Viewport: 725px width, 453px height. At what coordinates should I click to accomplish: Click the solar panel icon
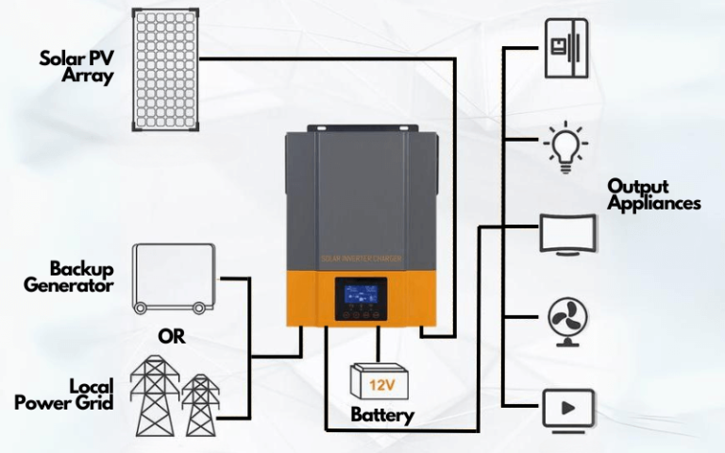pyautogui.click(x=165, y=71)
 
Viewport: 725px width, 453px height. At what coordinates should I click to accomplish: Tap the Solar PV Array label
pyautogui.click(x=76, y=67)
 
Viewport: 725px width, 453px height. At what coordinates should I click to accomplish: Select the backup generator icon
pyautogui.click(x=174, y=276)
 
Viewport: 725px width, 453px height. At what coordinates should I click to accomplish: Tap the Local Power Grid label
pyautogui.click(x=65, y=394)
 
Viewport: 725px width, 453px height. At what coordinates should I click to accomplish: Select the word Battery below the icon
pyautogui.click(x=382, y=414)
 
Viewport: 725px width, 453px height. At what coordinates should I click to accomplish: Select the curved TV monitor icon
pyautogui.click(x=567, y=233)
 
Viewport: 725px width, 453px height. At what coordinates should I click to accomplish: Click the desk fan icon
pyautogui.click(x=567, y=322)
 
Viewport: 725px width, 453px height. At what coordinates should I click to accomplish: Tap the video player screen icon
pyautogui.click(x=568, y=409)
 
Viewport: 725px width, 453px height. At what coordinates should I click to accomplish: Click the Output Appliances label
pyautogui.click(x=653, y=194)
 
